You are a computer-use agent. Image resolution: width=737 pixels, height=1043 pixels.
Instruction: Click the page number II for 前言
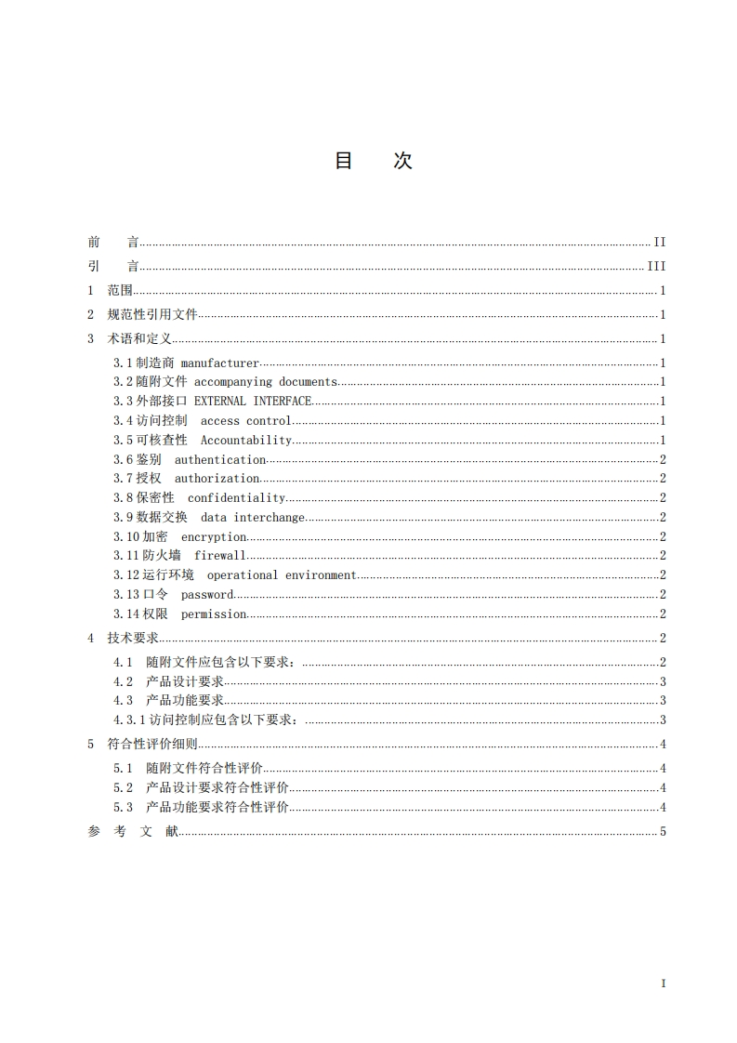660,243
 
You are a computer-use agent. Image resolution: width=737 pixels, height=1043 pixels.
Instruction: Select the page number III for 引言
657,267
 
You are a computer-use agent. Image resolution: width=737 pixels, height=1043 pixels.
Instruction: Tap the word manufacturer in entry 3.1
219,363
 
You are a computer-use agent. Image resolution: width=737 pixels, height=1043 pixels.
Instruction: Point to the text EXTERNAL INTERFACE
253,402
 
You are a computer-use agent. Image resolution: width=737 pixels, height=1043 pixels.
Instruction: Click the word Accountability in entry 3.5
246,441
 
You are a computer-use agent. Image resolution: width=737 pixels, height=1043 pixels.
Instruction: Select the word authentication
220,460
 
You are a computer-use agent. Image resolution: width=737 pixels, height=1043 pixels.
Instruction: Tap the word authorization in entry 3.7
217,479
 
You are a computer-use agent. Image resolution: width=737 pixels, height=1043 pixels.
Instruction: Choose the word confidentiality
236,498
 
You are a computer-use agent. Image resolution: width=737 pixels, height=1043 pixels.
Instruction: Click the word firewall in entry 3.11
220,556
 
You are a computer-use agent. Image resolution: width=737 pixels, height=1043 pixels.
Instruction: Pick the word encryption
214,537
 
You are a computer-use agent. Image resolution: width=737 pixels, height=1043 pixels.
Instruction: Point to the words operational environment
282,575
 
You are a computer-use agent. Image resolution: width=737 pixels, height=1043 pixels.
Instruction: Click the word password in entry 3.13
207,595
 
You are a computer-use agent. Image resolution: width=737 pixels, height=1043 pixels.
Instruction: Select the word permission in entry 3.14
214,614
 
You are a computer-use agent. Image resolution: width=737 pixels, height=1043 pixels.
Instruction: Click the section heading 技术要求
133,638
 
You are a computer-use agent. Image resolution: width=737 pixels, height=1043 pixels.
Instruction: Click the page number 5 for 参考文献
664,832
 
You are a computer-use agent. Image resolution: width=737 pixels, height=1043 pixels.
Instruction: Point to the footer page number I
664,984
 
